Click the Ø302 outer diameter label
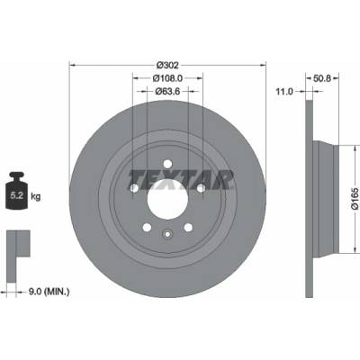click(x=167, y=65)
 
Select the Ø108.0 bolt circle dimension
click(x=167, y=78)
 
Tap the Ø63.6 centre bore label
click(x=167, y=91)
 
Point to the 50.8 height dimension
click(x=322, y=78)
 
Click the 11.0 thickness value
click(x=284, y=92)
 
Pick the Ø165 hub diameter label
click(x=355, y=198)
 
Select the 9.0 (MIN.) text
click(x=49, y=291)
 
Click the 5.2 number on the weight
click(x=17, y=195)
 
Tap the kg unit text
click(x=35, y=197)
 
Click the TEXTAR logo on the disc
click(x=181, y=180)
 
